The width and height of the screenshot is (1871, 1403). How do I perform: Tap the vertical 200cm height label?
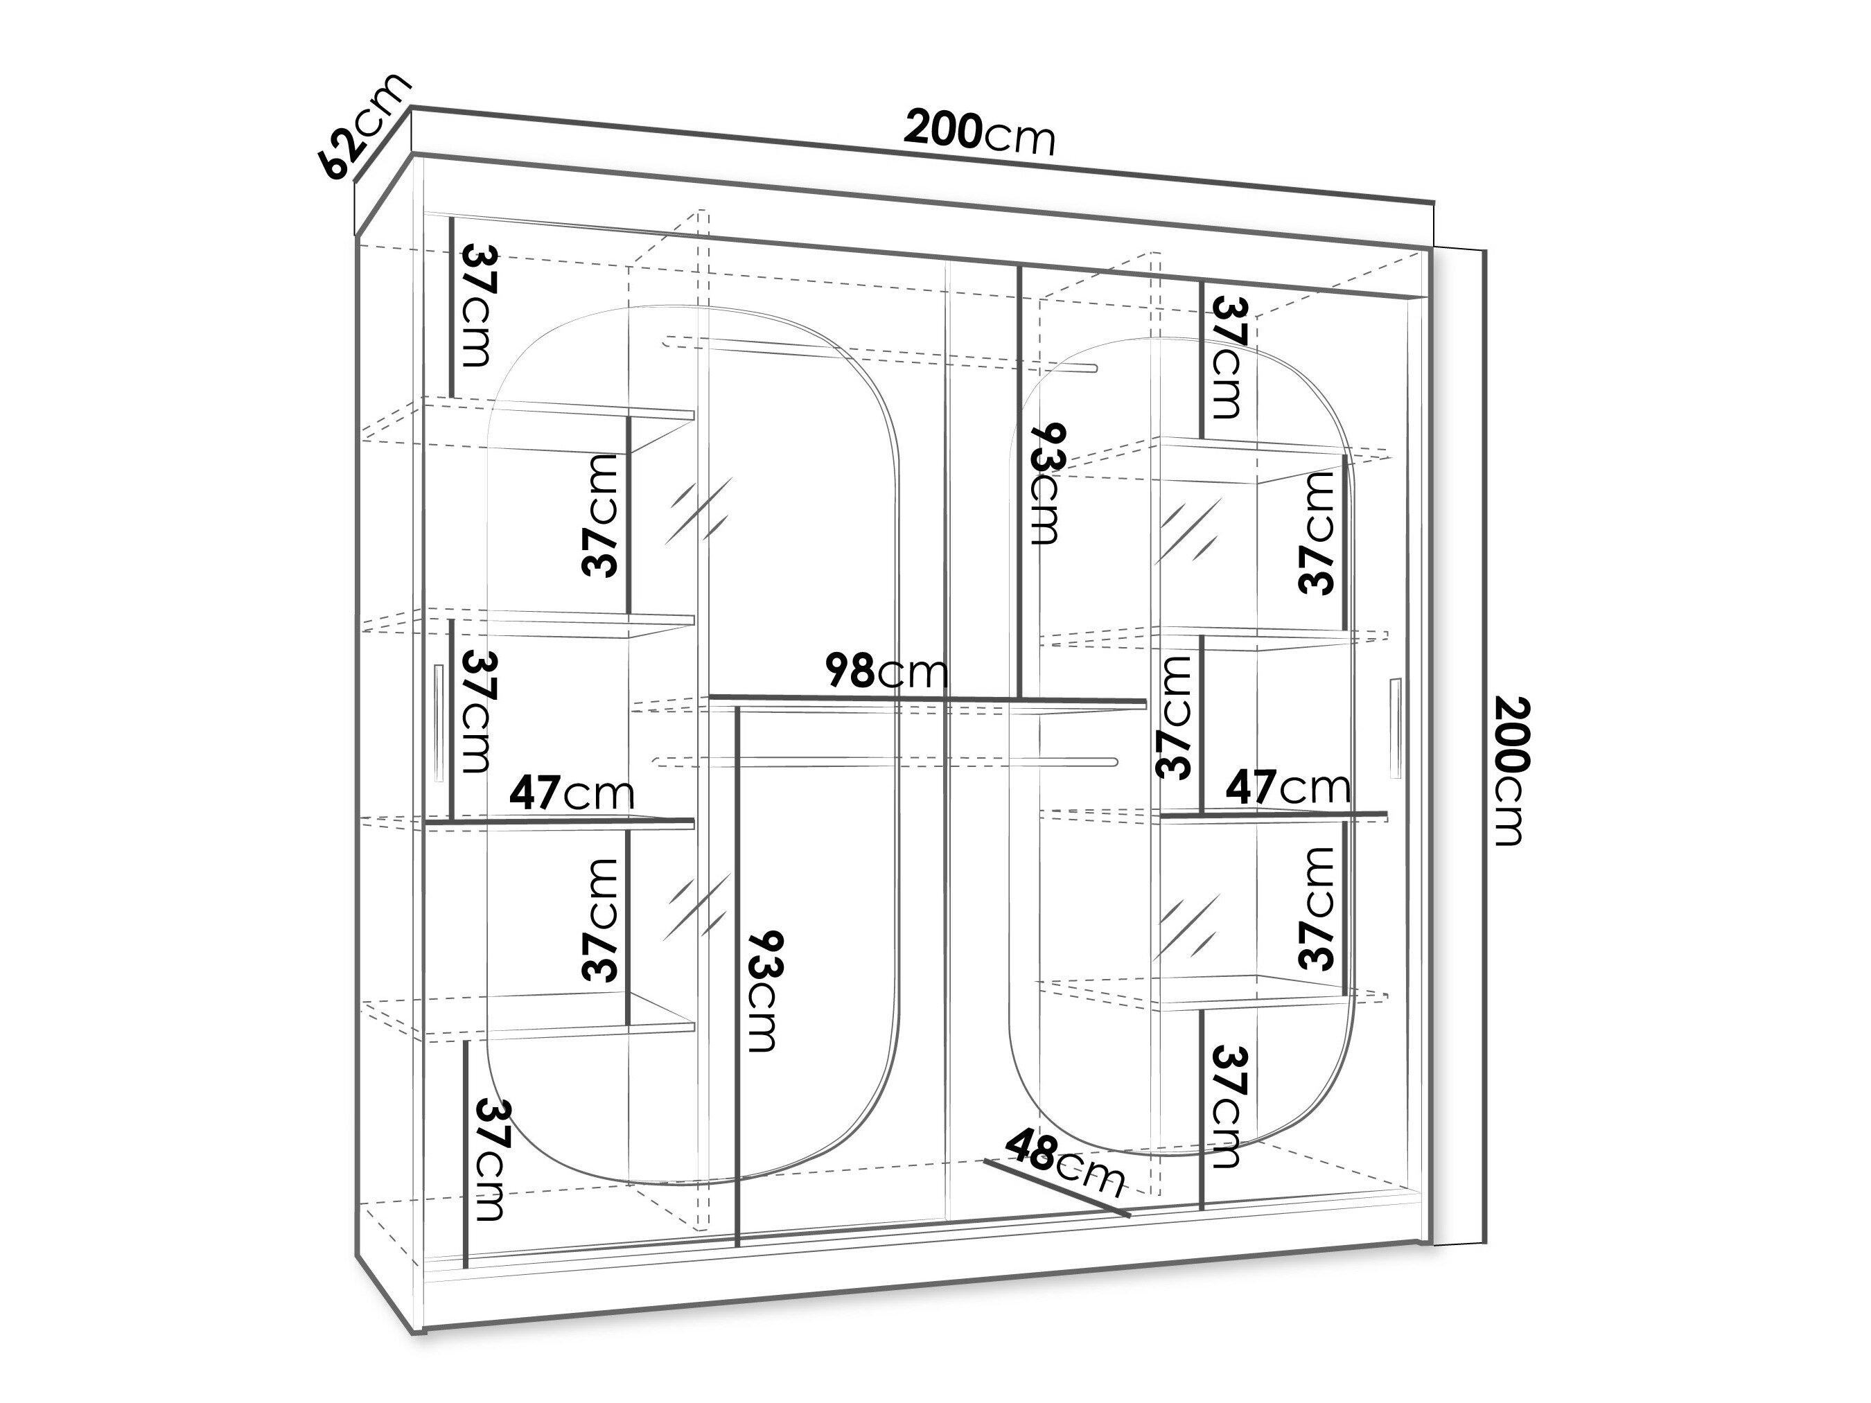(x=1511, y=770)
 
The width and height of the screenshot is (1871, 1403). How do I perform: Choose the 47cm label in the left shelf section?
(x=572, y=793)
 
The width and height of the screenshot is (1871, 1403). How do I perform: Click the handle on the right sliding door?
(x=1395, y=727)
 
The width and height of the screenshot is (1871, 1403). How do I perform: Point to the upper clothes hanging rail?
(x=879, y=355)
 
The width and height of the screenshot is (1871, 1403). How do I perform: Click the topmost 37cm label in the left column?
(x=478, y=306)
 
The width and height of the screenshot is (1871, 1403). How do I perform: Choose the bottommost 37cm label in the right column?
(x=1228, y=1107)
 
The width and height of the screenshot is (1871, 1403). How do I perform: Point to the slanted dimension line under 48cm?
(x=1058, y=1188)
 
